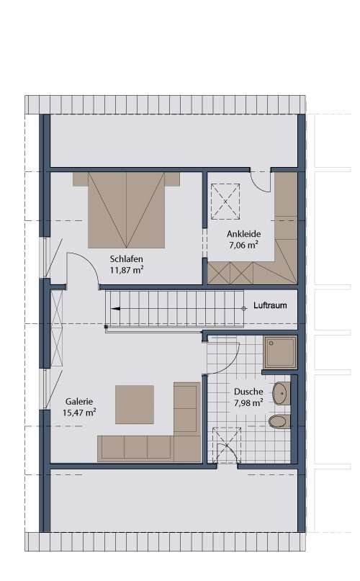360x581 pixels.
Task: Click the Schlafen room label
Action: tap(126, 259)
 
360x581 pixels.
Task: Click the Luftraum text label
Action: tap(270, 306)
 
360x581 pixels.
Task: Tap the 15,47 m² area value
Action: tap(80, 413)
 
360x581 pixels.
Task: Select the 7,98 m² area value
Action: tap(248, 402)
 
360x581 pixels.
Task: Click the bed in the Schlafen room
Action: tap(127, 210)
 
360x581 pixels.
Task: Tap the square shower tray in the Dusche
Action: tap(279, 353)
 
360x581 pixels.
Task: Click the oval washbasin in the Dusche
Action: tap(280, 394)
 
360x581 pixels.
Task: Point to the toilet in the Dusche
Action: tap(278, 421)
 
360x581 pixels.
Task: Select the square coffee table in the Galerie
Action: tap(135, 405)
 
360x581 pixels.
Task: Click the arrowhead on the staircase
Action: tap(114, 307)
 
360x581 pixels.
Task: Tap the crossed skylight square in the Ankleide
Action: tap(225, 200)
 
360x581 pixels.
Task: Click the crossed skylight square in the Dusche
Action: tap(227, 444)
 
